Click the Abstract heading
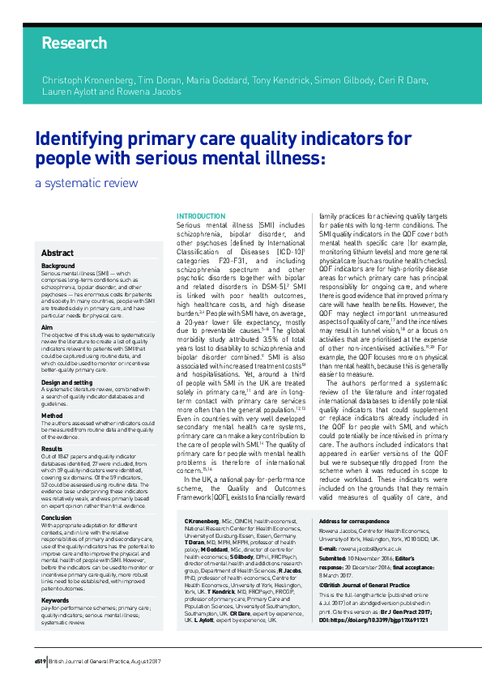[x=58, y=254]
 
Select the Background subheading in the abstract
[x=58, y=266]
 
